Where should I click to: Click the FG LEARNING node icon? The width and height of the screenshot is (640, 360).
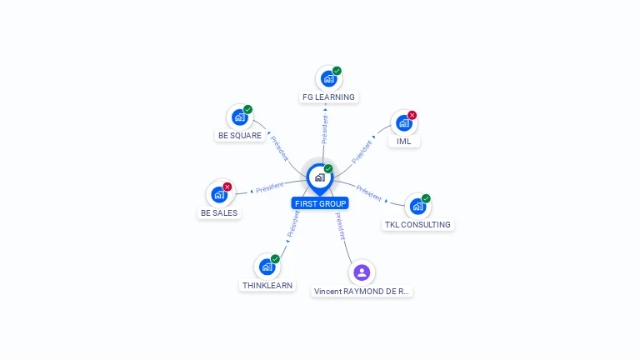[x=328, y=79]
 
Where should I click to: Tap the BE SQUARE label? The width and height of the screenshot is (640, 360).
[x=240, y=136]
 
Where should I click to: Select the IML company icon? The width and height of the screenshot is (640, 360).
[x=403, y=123]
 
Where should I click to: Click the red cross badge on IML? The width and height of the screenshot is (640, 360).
[x=412, y=116]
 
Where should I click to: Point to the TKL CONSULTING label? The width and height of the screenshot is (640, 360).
[x=417, y=225]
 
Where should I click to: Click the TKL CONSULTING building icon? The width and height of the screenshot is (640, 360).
[x=417, y=207]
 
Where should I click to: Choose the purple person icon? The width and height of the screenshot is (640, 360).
[x=361, y=272]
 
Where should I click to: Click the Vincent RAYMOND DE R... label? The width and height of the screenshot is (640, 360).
[x=362, y=292]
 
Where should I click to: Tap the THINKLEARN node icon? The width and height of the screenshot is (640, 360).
[x=267, y=267]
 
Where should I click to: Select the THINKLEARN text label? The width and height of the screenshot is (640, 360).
[x=267, y=286]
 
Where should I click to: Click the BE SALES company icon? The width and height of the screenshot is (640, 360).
[x=219, y=194]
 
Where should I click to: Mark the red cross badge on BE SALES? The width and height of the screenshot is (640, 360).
[x=227, y=187]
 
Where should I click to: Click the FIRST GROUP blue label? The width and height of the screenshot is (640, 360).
[x=321, y=203]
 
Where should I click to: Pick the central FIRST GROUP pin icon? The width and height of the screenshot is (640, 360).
[x=320, y=177]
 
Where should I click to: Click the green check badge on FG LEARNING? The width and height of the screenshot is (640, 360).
[x=337, y=71]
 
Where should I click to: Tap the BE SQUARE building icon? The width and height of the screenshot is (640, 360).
[x=240, y=117]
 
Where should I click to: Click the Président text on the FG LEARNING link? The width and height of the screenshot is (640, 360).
[x=324, y=129]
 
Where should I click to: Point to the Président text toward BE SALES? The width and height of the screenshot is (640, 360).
[x=270, y=188]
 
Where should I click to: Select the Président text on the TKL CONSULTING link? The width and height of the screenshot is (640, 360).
[x=368, y=192]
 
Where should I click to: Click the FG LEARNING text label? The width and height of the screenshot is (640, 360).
[x=328, y=97]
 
